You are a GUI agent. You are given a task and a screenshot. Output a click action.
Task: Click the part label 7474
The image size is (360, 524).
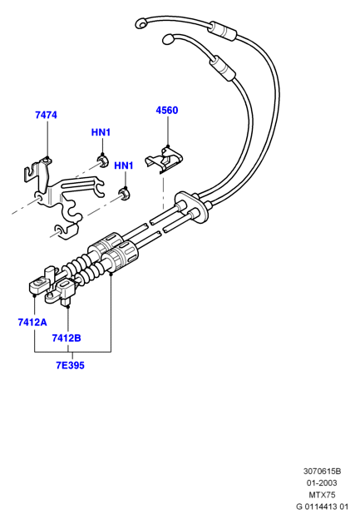tap(46, 115)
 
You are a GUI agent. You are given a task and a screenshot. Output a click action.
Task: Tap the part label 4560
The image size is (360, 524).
tap(167, 111)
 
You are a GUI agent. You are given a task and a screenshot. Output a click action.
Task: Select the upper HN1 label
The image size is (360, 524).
tap(101, 132)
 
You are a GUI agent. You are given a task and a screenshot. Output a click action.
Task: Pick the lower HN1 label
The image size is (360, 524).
tap(124, 166)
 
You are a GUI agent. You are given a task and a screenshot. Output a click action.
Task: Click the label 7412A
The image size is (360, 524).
tap(32, 323)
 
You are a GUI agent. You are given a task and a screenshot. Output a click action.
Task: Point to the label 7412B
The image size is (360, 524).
tap(67, 339)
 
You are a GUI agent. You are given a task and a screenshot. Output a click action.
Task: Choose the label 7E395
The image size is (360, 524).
tap(70, 365)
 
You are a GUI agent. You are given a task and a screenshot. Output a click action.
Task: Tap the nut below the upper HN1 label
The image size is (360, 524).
tap(102, 160)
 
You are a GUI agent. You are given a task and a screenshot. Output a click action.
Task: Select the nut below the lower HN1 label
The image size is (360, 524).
tap(125, 194)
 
